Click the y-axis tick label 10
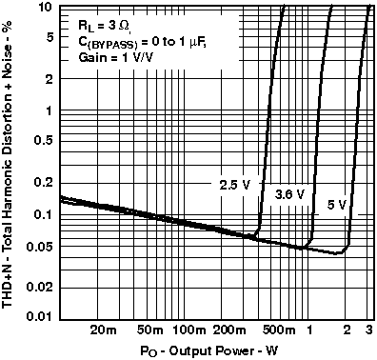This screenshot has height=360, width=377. click(x=44, y=8)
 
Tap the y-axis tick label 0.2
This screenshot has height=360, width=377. click(x=41, y=183)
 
